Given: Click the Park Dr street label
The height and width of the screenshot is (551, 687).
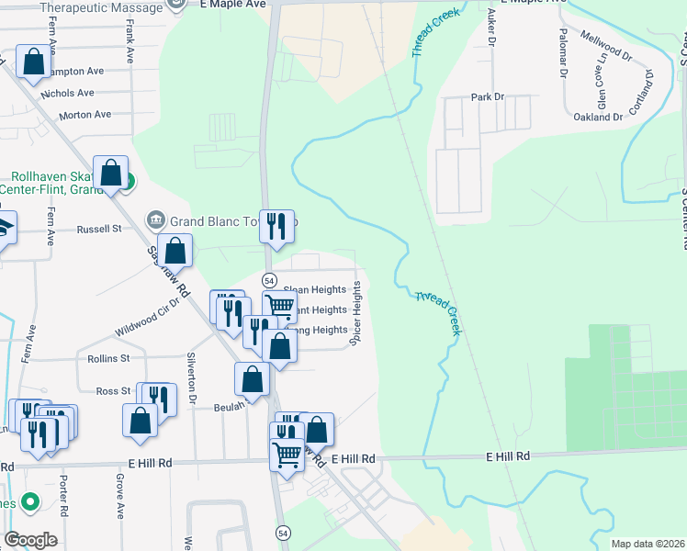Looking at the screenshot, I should pos(488,96).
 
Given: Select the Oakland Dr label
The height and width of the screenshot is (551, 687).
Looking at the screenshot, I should pos(598,118).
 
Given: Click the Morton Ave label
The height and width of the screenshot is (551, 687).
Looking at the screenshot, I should pos(84,115).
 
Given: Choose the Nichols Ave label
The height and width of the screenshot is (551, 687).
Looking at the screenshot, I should pos(67,93).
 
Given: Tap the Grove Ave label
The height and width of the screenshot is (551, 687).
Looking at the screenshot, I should pos(120,497).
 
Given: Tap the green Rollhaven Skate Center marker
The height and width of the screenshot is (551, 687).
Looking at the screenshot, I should pos(129,182).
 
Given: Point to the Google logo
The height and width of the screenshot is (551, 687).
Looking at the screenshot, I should pos(31,540).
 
